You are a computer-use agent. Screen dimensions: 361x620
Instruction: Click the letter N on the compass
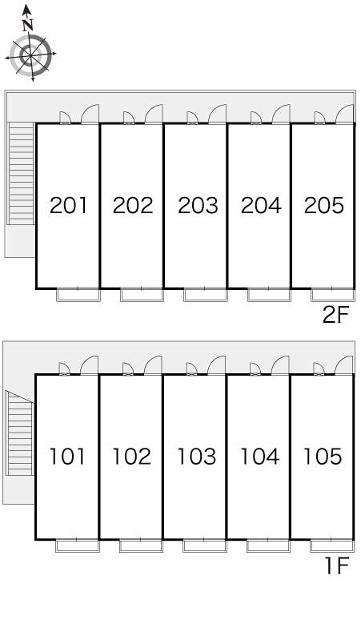27,26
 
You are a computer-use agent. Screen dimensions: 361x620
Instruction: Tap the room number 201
68,206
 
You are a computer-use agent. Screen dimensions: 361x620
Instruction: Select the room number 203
198,206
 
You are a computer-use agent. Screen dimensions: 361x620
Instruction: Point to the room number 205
324,206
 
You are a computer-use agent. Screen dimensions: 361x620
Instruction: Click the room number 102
131,457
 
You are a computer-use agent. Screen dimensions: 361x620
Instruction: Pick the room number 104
259,457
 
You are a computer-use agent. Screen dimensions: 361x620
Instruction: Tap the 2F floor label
335,315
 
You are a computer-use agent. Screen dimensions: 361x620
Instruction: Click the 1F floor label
337,566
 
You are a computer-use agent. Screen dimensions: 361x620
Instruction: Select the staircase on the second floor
21,173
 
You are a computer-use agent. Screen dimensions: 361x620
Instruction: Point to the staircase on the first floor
19,433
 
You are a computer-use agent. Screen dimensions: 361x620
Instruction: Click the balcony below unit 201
78,295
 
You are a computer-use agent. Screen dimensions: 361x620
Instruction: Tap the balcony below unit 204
269,295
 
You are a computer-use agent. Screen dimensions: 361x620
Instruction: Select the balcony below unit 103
205,546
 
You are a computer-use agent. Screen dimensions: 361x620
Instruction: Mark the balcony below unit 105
331,546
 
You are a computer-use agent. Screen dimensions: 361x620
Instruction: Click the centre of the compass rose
30,54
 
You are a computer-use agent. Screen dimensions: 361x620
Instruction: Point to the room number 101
67,457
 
